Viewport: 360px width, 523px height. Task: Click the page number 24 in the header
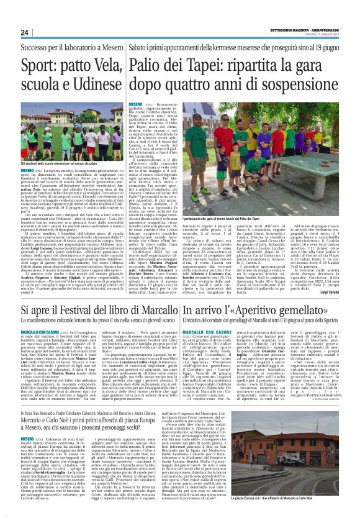(x=25, y=32)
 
